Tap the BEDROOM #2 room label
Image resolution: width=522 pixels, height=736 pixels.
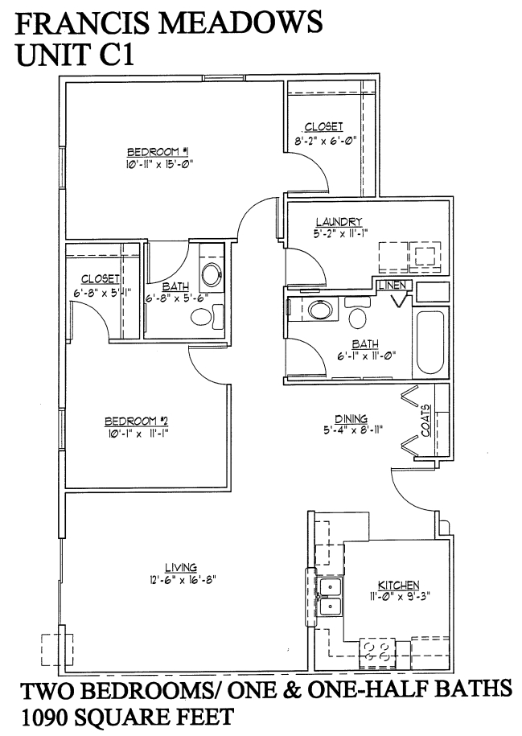135,421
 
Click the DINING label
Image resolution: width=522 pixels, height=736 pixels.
352,418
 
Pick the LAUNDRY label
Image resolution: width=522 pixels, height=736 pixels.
339,222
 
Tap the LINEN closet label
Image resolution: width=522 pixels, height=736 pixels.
395,285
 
